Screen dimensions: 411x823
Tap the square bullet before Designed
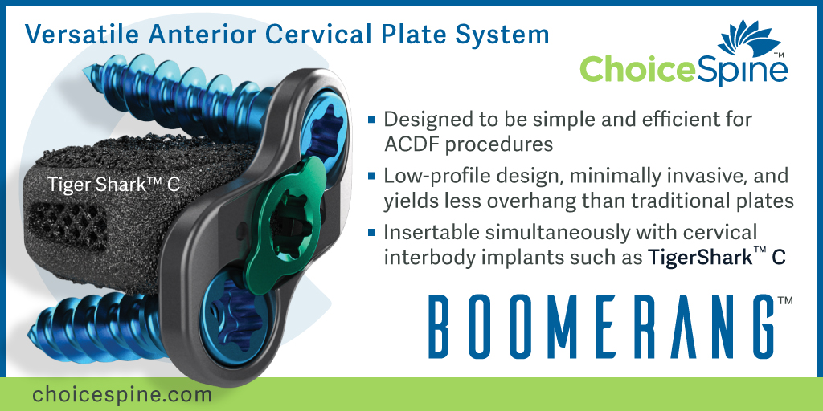point(372,120)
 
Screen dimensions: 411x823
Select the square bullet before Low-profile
point(372,176)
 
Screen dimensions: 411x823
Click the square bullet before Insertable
point(372,233)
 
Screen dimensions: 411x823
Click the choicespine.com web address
point(122,394)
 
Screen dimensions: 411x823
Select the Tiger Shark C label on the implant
point(113,185)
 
